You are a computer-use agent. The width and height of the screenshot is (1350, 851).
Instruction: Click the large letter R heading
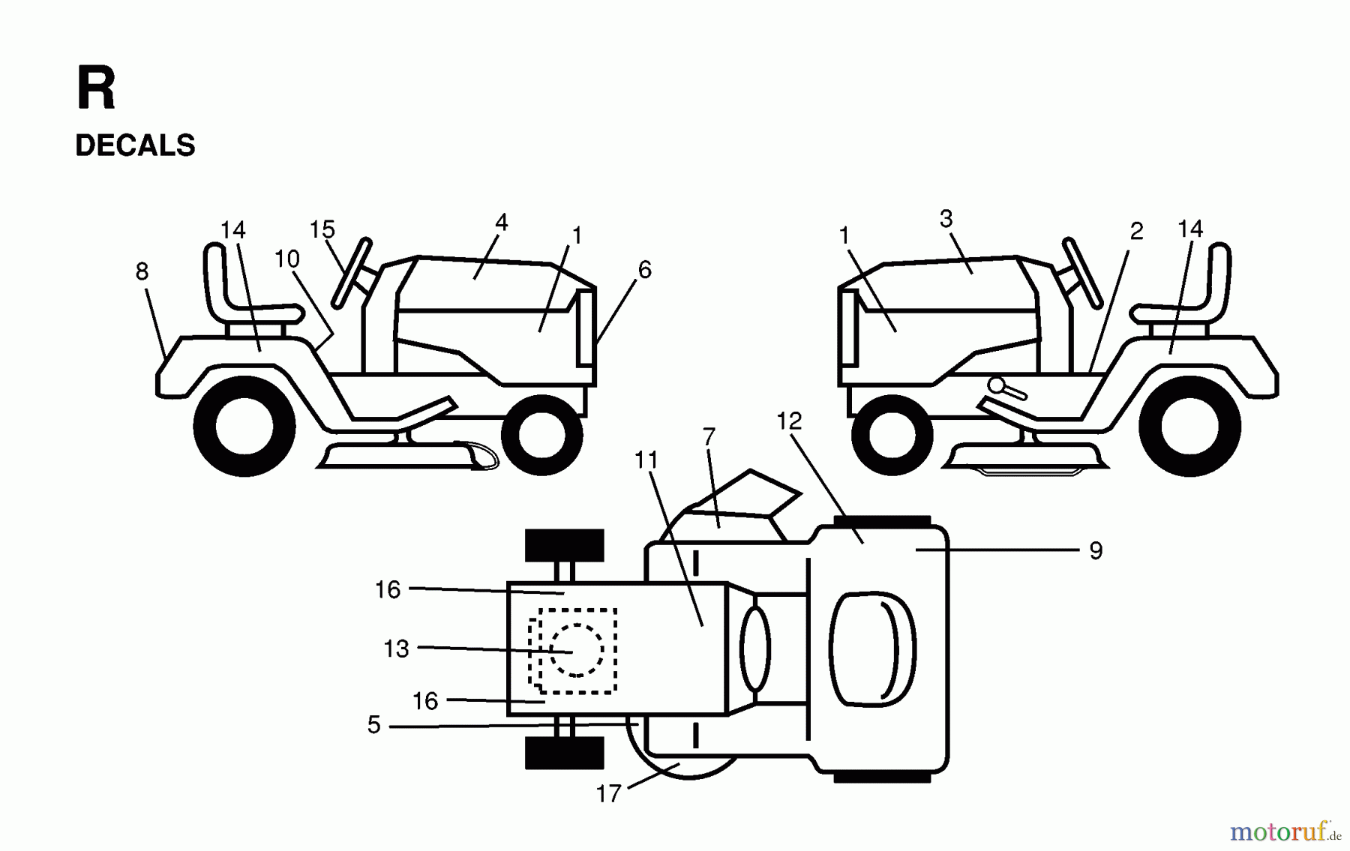[x=96, y=89]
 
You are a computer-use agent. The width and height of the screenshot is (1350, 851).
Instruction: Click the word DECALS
[x=135, y=145]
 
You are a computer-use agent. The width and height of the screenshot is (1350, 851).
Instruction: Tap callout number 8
[x=142, y=271]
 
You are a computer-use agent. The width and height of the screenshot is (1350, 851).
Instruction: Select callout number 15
[x=322, y=229]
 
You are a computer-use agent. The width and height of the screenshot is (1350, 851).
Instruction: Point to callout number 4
[x=501, y=222]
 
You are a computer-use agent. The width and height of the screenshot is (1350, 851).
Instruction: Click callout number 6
[x=644, y=270]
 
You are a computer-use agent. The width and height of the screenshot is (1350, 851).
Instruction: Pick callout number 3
[x=946, y=219]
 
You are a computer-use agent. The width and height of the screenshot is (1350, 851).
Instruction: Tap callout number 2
[x=1136, y=231]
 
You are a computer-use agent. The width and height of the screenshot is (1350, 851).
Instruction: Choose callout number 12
[x=789, y=421]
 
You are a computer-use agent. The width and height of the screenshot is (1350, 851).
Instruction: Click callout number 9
[x=1096, y=551]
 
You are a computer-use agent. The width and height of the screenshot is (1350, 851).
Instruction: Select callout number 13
[x=396, y=649]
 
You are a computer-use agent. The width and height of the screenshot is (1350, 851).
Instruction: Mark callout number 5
[x=373, y=725]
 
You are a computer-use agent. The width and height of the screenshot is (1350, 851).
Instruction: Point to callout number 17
[x=608, y=793]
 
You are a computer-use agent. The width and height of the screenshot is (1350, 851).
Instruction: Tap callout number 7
[x=709, y=436]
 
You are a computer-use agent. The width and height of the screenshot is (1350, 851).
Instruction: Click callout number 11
[x=646, y=460]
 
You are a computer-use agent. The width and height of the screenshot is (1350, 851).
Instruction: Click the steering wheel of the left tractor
[x=351, y=273]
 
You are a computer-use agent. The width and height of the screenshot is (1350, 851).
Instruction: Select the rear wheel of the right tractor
[x=1189, y=425]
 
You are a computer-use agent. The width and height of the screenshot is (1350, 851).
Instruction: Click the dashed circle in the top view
[x=576, y=650]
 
